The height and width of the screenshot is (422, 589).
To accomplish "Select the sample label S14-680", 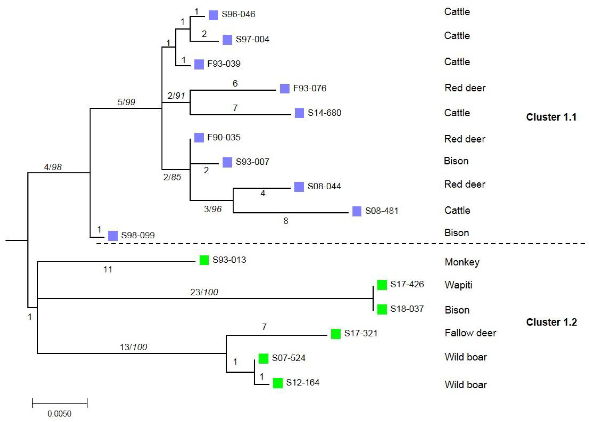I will (324, 113).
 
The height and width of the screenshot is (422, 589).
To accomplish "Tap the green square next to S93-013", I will (204, 260).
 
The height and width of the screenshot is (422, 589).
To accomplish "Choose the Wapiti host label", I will (458, 285).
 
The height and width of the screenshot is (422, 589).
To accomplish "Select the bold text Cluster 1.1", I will (551, 117).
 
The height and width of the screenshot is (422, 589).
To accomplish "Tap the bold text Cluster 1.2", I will (551, 322).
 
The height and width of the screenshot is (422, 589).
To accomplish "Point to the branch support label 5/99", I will (126, 102).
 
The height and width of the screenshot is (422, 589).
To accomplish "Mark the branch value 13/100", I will (133, 347).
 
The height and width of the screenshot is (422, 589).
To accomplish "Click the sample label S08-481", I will (382, 211).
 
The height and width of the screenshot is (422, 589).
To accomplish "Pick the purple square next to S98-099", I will (113, 236).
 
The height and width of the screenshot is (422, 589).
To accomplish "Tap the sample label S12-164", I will (303, 382).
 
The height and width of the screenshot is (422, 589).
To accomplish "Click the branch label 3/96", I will (213, 209).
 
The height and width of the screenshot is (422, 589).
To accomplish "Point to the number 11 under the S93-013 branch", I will (108, 269).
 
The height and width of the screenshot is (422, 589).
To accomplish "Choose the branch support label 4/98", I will (53, 167).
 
